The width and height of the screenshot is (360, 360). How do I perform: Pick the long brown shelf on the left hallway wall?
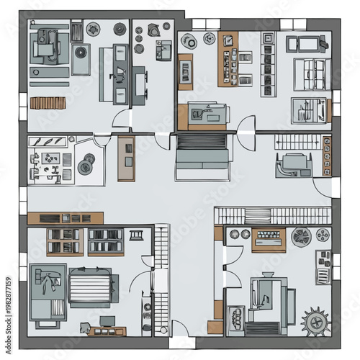point(66,217)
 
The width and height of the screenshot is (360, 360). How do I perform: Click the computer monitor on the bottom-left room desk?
point(107,321)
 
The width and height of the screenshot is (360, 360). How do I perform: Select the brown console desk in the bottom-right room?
point(269,238)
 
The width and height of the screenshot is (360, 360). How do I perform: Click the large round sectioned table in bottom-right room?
point(301,235)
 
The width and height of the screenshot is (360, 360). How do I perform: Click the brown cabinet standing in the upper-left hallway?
point(126,158)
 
